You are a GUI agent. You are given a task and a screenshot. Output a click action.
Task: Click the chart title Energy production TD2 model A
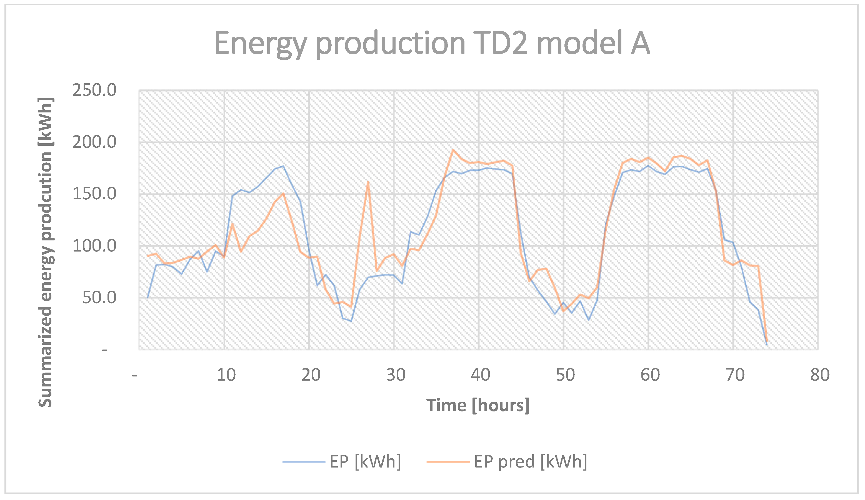[x=432, y=44]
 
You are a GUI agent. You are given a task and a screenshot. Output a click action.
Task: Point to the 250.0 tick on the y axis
[x=94, y=90]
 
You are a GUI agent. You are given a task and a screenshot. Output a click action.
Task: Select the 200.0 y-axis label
[x=94, y=142]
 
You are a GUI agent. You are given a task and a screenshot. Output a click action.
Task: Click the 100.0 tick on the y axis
[x=94, y=246]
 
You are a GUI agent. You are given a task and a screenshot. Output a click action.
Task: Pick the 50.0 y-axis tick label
[x=99, y=298]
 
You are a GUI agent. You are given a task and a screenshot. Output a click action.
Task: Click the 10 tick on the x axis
[x=226, y=375]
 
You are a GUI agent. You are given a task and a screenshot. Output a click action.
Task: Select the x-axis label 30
[x=396, y=375]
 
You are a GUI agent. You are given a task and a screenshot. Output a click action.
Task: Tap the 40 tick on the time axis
[x=480, y=375]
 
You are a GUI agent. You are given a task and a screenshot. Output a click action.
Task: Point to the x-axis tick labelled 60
[x=650, y=375]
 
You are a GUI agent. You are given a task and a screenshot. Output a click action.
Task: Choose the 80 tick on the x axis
[x=820, y=375]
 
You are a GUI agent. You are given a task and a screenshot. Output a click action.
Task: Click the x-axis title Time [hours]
[x=477, y=405]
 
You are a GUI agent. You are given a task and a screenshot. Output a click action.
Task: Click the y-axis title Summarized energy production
[x=45, y=253]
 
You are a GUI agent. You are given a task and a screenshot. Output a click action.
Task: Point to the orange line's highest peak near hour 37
[x=453, y=150]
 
